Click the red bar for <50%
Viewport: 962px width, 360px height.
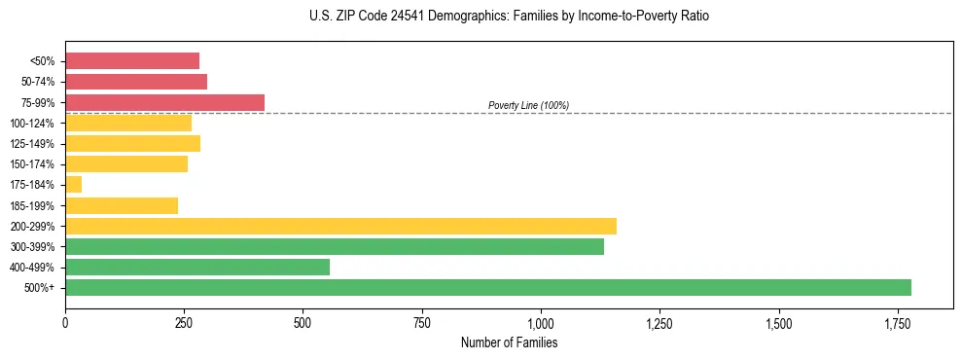click(x=132, y=60)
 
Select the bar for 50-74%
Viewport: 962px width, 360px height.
click(x=136, y=82)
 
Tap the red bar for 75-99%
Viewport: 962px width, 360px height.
click(x=164, y=102)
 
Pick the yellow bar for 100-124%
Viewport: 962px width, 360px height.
click(x=128, y=123)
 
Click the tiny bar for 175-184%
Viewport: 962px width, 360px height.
click(x=74, y=184)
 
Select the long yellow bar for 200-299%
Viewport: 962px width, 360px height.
click(x=340, y=226)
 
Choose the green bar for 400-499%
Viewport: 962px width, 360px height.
click(x=197, y=267)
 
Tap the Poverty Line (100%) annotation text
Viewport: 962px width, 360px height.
click(x=528, y=105)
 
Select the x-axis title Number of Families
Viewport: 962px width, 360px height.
click(x=509, y=342)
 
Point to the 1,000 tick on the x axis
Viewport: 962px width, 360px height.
click(x=541, y=322)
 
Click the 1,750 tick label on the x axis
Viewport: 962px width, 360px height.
click(x=778, y=322)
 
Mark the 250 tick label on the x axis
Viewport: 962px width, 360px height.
click(x=184, y=322)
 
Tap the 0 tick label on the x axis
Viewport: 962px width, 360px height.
click(x=65, y=322)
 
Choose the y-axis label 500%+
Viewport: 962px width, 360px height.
click(x=40, y=288)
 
